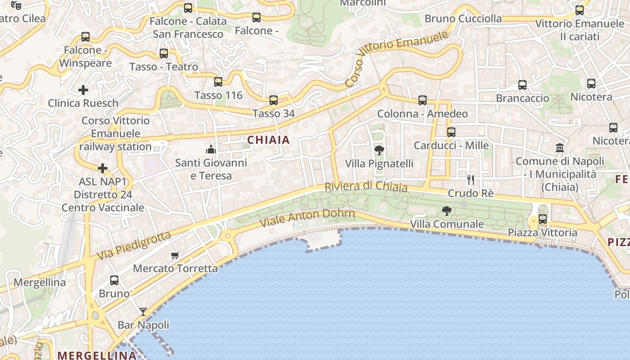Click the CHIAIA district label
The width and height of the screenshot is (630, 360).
(269, 140)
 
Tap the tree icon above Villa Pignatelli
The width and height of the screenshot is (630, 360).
(379, 150)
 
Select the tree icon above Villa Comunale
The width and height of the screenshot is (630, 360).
(446, 211)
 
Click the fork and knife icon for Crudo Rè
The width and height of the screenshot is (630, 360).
(471, 180)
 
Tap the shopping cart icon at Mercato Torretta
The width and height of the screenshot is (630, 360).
(175, 256)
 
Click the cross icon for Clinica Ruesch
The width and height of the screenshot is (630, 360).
(83, 90)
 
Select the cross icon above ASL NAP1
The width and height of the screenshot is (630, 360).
(103, 169)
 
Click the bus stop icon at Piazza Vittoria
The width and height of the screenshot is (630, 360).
(543, 219)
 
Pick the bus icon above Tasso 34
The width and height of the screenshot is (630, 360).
(273, 100)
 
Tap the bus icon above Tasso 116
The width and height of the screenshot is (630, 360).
(218, 82)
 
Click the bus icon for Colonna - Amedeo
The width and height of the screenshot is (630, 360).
(423, 100)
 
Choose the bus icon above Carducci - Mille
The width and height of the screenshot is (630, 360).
(451, 132)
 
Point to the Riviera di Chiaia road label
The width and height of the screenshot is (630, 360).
(366, 187)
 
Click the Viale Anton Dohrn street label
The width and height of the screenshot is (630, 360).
(307, 218)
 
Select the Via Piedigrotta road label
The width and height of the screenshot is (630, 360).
(134, 246)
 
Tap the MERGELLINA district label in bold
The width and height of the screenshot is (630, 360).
(97, 355)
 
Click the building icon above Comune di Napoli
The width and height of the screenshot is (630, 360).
(560, 148)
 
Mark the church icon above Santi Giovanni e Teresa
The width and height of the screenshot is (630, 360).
(211, 150)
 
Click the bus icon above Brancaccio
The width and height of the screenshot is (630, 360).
(522, 85)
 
